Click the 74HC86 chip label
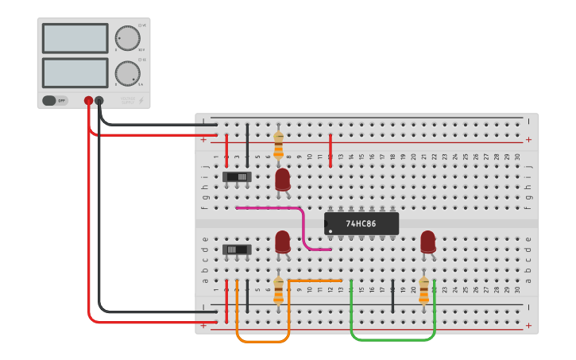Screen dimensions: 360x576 (x=361, y=223)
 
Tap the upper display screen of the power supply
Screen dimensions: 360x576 (x=75, y=38)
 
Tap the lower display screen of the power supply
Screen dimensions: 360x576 (x=75, y=73)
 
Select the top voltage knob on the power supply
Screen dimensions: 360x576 (x=126, y=38)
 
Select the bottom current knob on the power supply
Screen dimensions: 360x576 (x=126, y=73)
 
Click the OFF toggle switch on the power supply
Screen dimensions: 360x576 (x=55, y=101)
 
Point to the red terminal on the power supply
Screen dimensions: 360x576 (x=88, y=101)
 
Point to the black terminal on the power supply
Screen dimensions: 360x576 (x=99, y=101)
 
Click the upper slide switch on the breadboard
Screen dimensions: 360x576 (x=237, y=176)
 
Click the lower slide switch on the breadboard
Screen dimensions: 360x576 (x=237, y=250)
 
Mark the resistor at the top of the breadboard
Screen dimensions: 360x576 (x=278, y=145)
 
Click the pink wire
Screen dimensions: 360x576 (x=303, y=226)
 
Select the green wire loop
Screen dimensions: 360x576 (x=393, y=339)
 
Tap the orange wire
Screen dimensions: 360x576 (x=262, y=341)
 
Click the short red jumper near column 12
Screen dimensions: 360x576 (x=331, y=145)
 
